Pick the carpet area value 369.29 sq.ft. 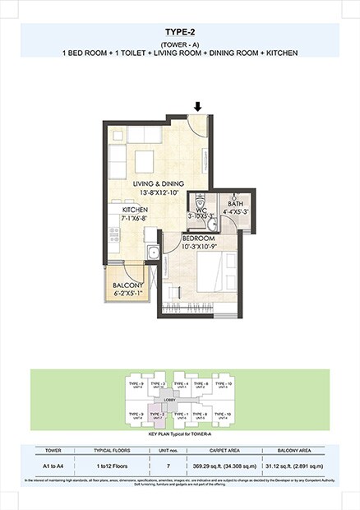click(217, 466)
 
